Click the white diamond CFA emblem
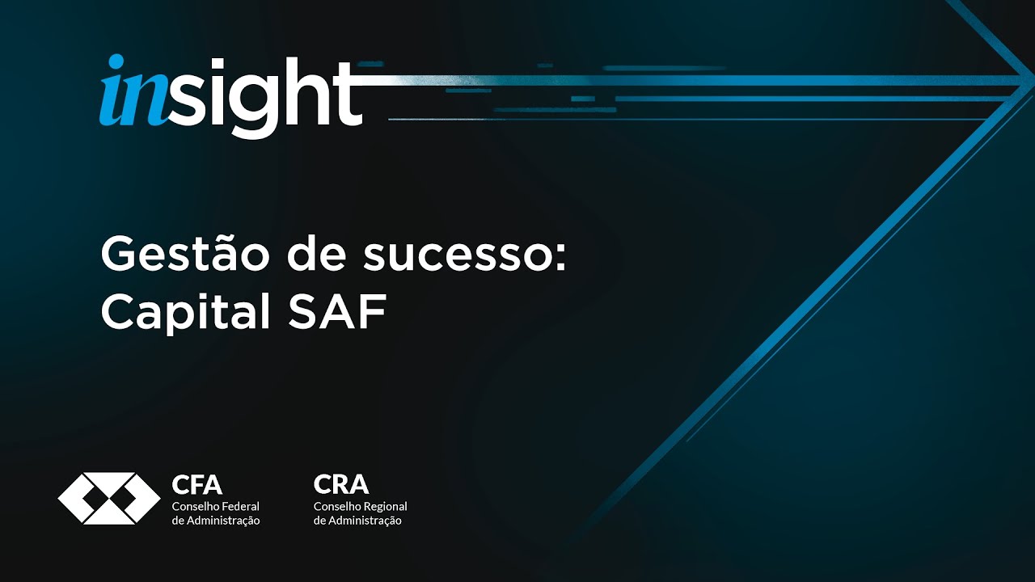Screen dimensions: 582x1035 (x=108, y=498)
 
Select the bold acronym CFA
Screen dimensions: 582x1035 (x=196, y=485)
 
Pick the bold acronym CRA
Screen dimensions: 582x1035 (x=340, y=485)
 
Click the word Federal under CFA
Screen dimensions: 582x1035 (x=240, y=506)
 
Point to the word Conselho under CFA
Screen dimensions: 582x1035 (x=195, y=506)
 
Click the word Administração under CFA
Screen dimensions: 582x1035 (x=223, y=521)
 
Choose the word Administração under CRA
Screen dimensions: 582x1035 (x=365, y=521)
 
